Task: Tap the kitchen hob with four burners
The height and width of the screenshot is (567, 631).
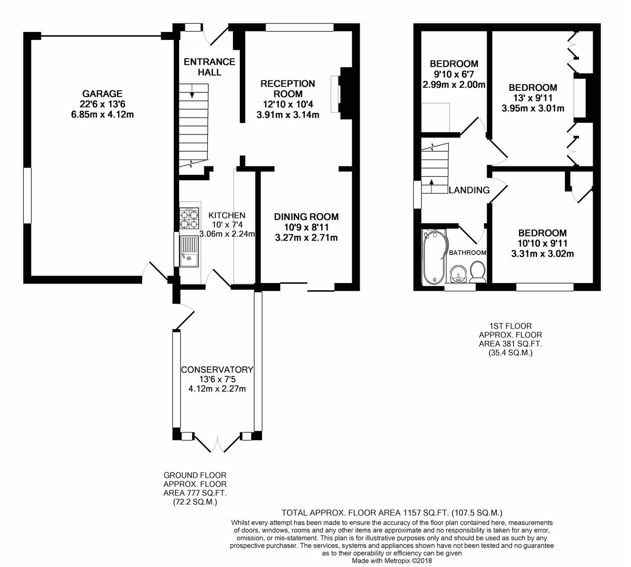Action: point(188,218)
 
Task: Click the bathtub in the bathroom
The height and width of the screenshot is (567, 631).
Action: point(434,256)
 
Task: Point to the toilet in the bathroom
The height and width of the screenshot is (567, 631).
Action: point(477,272)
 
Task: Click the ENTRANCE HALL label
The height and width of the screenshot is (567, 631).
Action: point(209,67)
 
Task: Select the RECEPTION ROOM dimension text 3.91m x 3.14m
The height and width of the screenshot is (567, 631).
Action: point(288,115)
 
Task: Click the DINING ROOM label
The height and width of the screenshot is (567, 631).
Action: point(307,216)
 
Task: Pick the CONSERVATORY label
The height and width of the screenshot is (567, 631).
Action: point(217,370)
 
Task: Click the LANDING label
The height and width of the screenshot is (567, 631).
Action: point(469,190)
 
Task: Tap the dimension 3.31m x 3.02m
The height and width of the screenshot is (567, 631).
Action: point(542,254)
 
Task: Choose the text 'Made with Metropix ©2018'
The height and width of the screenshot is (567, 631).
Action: point(392,561)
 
